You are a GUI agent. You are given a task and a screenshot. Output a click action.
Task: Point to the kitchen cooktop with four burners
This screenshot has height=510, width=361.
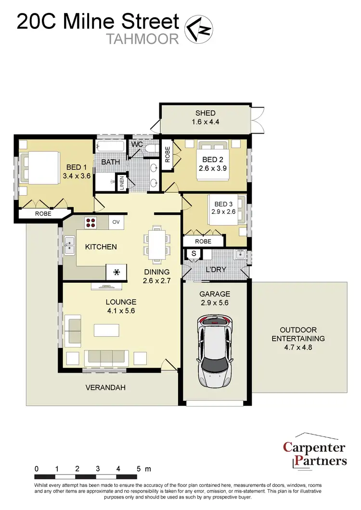coord(91,222)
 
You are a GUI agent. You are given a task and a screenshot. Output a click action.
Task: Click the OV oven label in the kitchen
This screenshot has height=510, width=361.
coord(116,222)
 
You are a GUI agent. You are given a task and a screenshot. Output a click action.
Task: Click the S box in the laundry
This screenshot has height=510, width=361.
coord(194,253)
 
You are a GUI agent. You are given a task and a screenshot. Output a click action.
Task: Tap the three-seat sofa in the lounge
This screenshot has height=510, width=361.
coord(105,357)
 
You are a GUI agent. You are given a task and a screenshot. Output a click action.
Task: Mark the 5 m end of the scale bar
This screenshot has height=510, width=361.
coord(138,476)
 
